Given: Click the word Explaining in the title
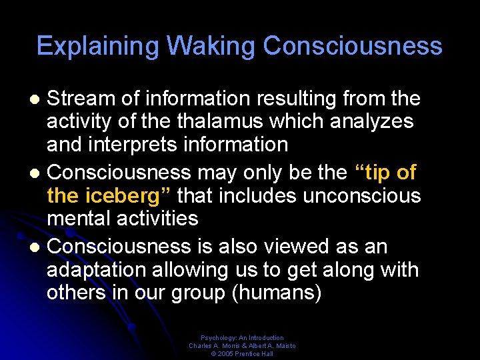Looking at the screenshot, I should (x=97, y=46).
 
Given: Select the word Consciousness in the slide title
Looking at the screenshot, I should (x=353, y=46).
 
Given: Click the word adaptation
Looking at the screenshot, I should (x=100, y=270).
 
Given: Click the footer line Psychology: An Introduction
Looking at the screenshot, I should (x=242, y=338).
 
